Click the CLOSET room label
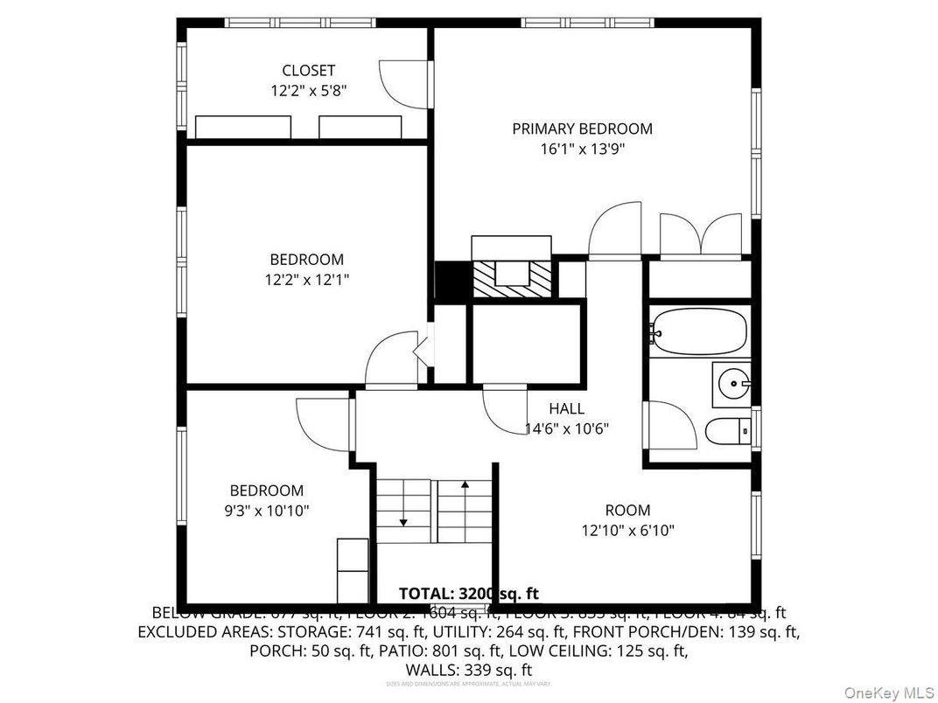point(308,70)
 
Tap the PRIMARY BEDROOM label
point(582,129)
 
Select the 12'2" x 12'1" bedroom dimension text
point(306,280)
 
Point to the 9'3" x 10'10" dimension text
point(267,511)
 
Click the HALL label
point(566,408)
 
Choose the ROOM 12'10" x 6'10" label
point(627,520)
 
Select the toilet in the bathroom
point(728,430)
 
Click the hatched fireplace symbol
point(513,280)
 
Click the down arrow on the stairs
point(403,521)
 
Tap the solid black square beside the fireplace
point(452,281)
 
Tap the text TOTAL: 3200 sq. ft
point(468,594)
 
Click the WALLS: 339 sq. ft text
point(468,669)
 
